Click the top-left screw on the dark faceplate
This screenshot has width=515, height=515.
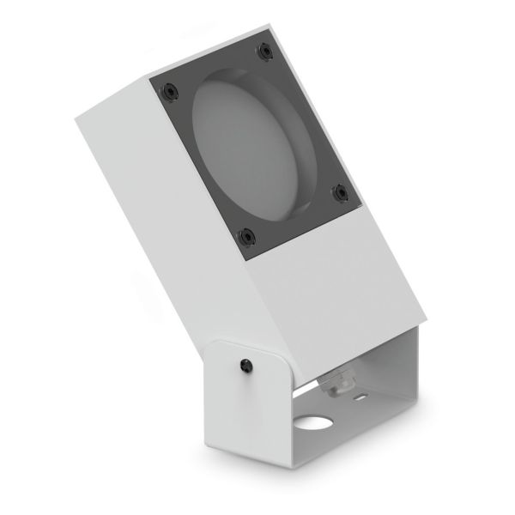(170, 88)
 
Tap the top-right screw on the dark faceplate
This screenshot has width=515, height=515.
(261, 51)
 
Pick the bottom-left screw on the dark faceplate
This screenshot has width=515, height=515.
(246, 233)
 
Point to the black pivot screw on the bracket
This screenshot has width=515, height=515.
(247, 366)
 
